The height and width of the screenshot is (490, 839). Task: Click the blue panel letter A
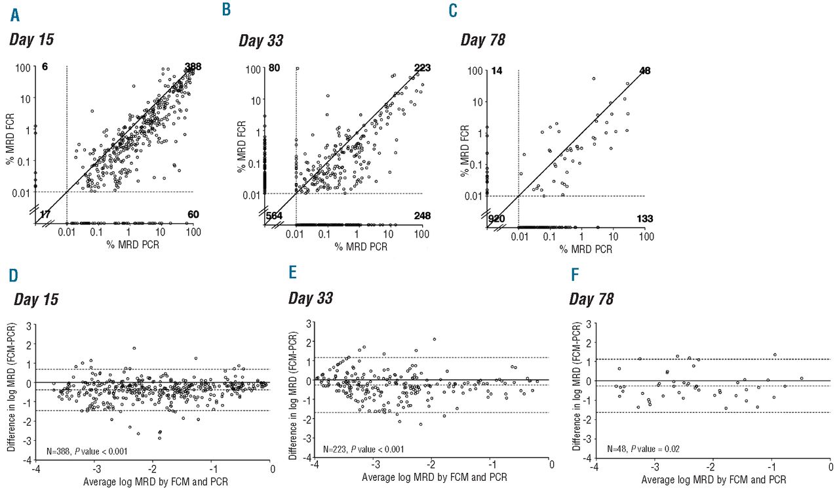[14, 11]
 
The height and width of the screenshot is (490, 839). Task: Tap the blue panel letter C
[452, 11]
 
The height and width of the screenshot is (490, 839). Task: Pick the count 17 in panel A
[45, 214]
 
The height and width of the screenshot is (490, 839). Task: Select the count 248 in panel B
[422, 216]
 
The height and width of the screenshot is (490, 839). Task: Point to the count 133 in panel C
[645, 218]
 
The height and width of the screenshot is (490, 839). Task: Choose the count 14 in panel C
[497, 70]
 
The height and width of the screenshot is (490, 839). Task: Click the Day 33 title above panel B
[261, 40]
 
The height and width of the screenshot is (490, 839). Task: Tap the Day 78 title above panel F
[592, 299]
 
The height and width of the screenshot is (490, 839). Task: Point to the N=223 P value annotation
[362, 449]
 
